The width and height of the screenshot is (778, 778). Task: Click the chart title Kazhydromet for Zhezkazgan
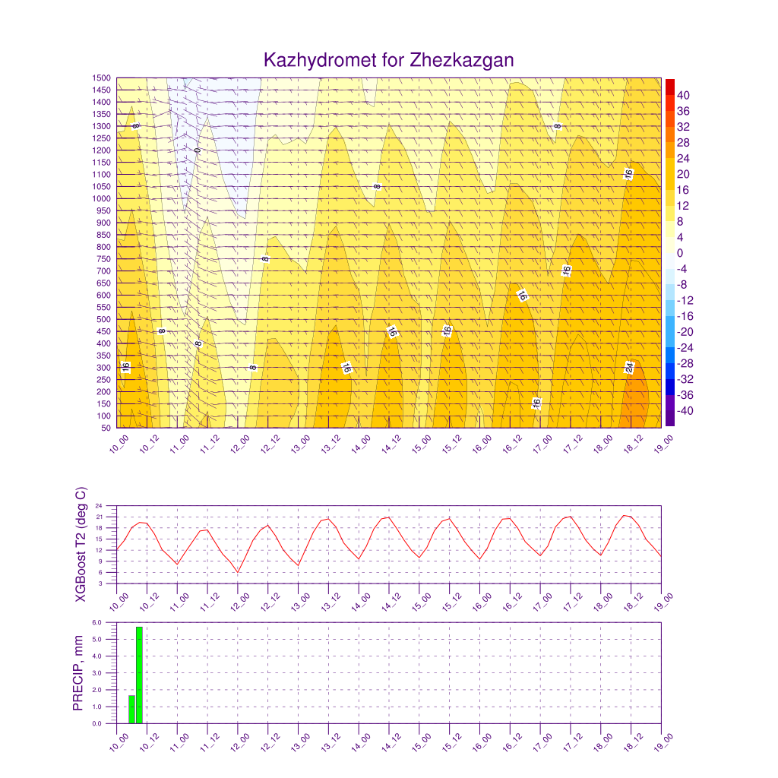388,60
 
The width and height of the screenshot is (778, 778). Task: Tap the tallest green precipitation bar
140,675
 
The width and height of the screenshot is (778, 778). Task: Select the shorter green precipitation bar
131,710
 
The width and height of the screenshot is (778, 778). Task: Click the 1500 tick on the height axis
102,78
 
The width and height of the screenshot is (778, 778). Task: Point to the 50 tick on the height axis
106,428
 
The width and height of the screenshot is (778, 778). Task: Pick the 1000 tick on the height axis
102,198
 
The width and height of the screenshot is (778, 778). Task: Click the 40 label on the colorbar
683,95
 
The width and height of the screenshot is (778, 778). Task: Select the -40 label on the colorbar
685,411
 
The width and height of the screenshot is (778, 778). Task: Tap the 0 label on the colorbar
680,253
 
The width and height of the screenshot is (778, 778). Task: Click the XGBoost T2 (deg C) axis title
81,544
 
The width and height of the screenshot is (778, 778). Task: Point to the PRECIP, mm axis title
78,673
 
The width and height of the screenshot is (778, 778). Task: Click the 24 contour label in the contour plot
629,368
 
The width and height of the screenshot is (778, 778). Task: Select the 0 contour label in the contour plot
198,150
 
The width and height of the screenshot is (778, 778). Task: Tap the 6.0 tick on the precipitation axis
96,622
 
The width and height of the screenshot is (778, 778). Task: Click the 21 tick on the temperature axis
99,517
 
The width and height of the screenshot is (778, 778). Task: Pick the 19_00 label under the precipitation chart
663,742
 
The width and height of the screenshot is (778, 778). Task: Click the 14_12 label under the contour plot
391,444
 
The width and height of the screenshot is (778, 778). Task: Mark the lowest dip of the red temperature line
238,573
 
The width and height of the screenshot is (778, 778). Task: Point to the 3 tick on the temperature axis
100,583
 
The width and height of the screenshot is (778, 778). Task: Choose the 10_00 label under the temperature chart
119,602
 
